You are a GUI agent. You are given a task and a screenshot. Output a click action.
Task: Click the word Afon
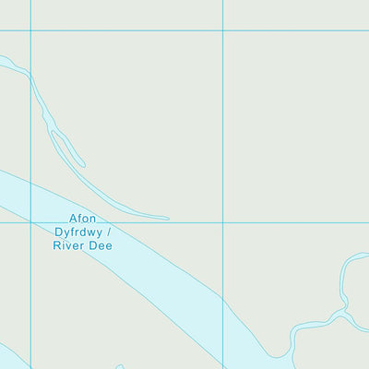pos(83,220)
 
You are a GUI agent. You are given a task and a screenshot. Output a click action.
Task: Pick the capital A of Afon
pos(73,220)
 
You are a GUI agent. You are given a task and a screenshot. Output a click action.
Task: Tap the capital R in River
pos(59,246)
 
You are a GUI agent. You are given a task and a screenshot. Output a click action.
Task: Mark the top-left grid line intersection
pos(30,30)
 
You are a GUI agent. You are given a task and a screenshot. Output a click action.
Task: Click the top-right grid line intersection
pos(222,30)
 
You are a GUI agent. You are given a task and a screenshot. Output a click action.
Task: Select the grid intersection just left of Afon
pos(30,222)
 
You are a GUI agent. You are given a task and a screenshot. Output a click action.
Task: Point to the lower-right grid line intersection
pos(222,222)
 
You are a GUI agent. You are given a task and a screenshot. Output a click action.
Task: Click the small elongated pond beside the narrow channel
pos(67,149)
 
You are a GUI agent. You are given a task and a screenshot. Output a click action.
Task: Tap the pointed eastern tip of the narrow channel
pos(168,219)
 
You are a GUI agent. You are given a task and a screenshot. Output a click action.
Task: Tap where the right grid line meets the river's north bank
pos(222,297)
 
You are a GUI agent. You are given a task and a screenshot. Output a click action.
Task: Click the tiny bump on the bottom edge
pos(120,366)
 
